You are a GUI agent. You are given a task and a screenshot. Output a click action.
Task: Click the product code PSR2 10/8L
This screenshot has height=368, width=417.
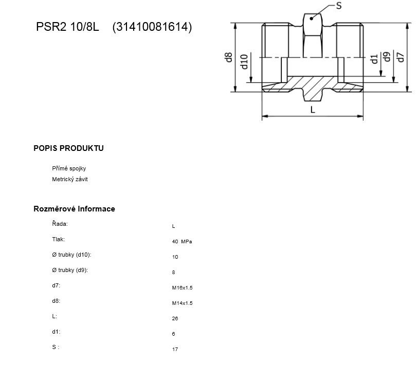tap(67, 27)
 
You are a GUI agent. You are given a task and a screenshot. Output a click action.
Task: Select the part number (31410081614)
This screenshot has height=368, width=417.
tap(152, 27)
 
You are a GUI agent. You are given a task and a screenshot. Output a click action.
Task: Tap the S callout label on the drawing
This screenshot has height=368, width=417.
tap(338, 6)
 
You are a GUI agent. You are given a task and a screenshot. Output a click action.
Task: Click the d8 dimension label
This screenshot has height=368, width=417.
tap(228, 57)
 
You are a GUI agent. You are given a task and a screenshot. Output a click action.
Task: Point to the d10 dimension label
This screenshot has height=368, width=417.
tap(244, 62)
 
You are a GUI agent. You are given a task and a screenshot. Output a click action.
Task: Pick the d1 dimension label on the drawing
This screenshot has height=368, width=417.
tap(374, 59)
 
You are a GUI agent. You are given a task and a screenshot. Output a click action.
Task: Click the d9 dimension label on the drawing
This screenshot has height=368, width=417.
tap(387, 56)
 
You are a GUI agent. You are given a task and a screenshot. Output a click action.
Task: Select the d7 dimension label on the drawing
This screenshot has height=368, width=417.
tap(400, 57)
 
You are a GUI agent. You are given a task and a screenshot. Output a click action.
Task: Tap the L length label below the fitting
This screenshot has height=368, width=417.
tap(313, 109)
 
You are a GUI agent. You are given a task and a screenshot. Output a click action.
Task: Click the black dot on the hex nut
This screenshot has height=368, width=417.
tap(311, 18)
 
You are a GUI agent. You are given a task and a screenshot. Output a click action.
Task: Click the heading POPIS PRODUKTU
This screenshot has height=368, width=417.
tap(68, 148)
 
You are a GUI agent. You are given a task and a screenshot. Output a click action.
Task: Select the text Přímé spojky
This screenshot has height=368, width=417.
tap(69, 168)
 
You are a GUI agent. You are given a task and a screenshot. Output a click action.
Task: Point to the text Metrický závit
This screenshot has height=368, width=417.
tap(70, 179)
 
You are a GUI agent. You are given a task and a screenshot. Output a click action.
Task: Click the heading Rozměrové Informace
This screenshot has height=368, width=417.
tap(74, 209)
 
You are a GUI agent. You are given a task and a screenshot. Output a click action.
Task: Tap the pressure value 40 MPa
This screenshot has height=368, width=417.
tap(182, 242)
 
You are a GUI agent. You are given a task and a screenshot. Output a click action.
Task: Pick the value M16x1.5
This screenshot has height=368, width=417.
tap(182, 288)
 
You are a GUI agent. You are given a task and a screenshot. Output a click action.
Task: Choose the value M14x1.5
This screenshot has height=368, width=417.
tap(182, 303)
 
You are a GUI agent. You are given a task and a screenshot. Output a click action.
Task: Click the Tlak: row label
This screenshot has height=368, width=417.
tap(59, 239)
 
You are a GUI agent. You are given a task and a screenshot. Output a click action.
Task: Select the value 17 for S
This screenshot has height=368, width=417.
tap(175, 350)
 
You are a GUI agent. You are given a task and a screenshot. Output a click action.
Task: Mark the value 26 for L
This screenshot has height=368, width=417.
tap(175, 319)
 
